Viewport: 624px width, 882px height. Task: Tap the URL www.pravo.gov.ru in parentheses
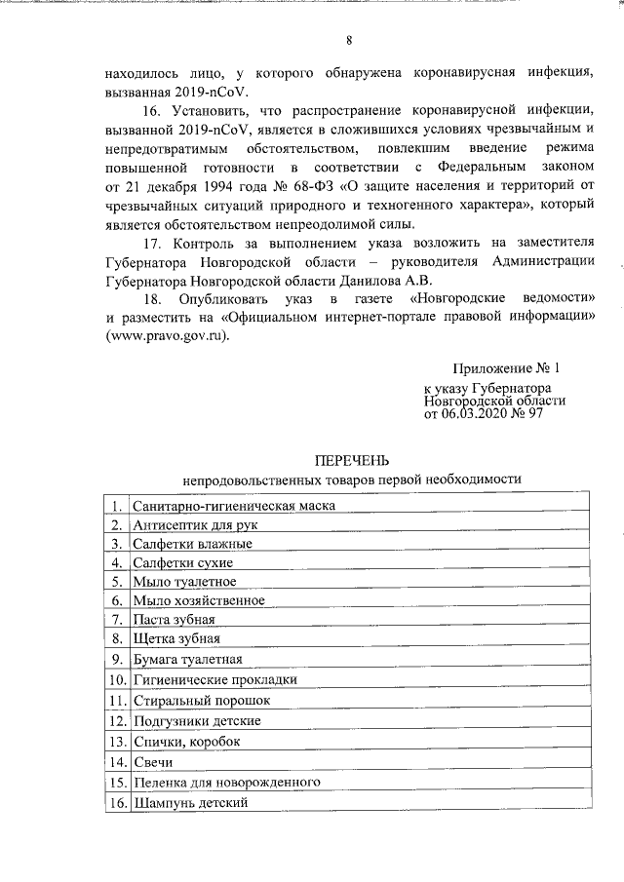167,334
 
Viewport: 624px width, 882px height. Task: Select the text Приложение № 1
507,369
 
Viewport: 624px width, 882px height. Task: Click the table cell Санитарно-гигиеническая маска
234,506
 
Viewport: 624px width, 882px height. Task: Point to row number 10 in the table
116,679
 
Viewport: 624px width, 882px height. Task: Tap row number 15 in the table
116,782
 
